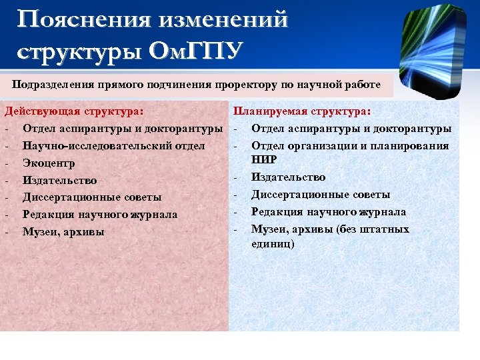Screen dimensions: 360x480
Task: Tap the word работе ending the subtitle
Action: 363,85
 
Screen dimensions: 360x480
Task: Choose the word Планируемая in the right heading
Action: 271,111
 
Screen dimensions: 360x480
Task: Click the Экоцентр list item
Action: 49,163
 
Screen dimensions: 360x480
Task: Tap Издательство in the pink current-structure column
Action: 59,180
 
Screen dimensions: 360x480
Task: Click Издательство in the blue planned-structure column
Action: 288,177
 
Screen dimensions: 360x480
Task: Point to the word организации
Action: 317,145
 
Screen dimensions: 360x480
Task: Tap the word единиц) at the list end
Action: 273,244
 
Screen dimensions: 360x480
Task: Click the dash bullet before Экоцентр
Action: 6,163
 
